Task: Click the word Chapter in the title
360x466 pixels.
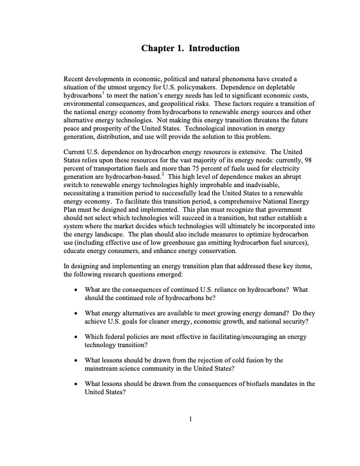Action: pyautogui.click(x=158, y=47)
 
